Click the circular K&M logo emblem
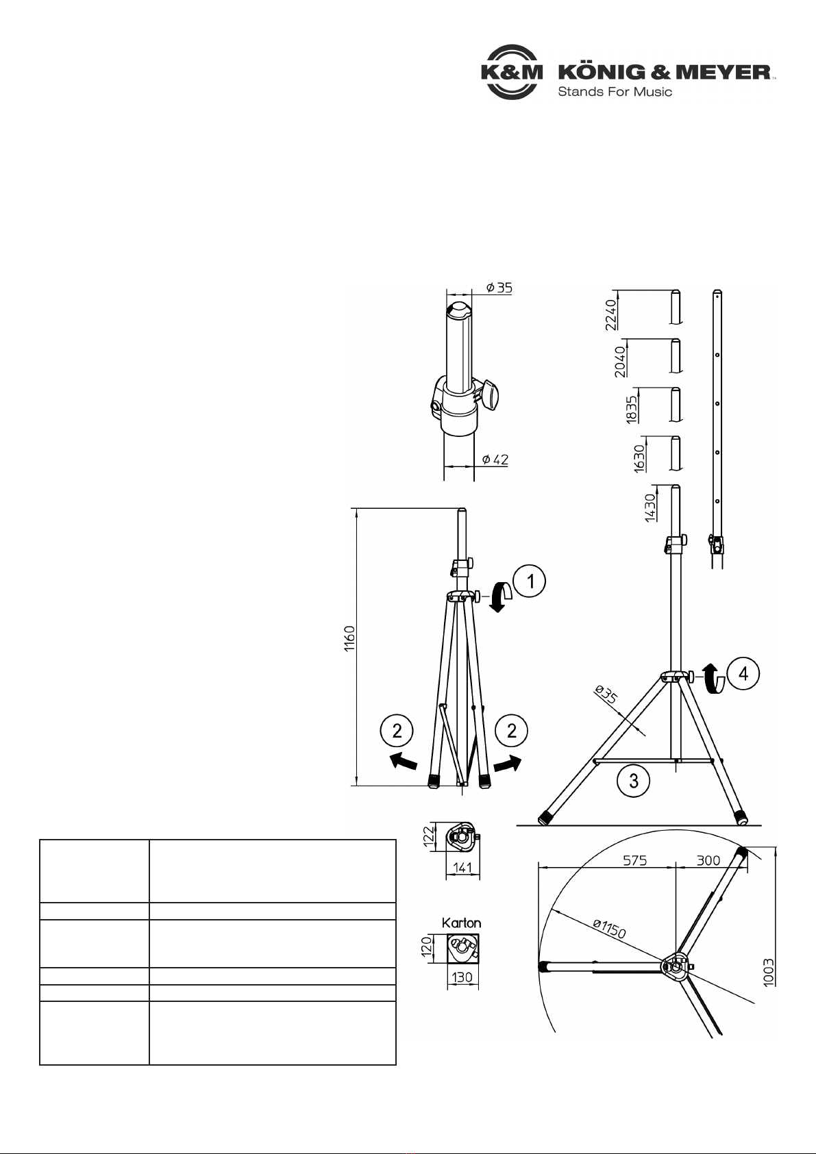click(x=511, y=72)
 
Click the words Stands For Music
click(x=615, y=92)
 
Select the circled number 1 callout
click(x=530, y=581)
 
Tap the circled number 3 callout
click(x=634, y=781)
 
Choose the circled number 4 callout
click(x=743, y=673)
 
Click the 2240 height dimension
click(x=611, y=315)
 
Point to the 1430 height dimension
click(x=650, y=507)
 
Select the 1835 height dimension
click(x=632, y=410)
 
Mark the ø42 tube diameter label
click(x=495, y=459)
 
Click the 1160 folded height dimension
click(x=349, y=640)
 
